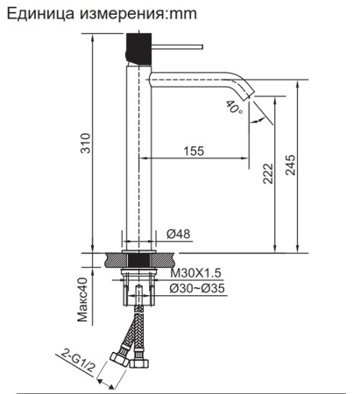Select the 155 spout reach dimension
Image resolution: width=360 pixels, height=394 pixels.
[x=194, y=151]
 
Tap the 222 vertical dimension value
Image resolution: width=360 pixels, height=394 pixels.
[x=269, y=175]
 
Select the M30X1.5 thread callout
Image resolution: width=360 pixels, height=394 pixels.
[x=194, y=274]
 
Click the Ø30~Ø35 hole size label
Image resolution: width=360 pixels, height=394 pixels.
[x=198, y=288]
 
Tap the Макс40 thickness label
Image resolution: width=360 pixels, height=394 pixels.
[x=84, y=301]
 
